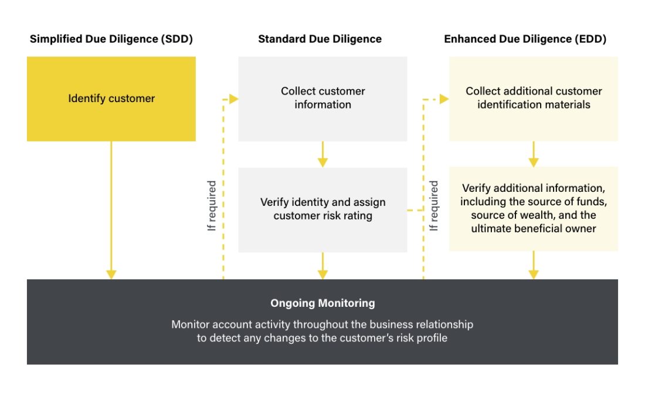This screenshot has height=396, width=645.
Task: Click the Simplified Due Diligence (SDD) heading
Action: (x=111, y=39)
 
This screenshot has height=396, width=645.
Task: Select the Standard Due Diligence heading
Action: (x=320, y=39)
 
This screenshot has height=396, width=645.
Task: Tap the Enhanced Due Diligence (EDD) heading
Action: (x=525, y=39)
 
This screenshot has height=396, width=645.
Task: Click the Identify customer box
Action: (x=111, y=99)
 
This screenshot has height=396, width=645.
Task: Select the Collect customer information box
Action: (x=322, y=98)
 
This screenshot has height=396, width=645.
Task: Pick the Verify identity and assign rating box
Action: (x=322, y=209)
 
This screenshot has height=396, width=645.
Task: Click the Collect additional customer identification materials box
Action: (x=534, y=98)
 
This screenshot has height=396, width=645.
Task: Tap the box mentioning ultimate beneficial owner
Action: (x=534, y=209)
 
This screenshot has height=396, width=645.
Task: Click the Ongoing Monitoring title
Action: (x=322, y=303)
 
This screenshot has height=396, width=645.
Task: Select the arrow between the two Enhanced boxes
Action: (x=534, y=154)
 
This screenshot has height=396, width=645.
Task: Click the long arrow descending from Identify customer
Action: (x=111, y=211)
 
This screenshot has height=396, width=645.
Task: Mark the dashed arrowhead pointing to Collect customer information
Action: (x=233, y=99)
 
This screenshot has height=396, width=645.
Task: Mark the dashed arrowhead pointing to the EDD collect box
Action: (x=444, y=99)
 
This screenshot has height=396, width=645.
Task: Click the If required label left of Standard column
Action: (x=212, y=205)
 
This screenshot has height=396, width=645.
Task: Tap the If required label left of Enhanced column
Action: (x=434, y=205)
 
